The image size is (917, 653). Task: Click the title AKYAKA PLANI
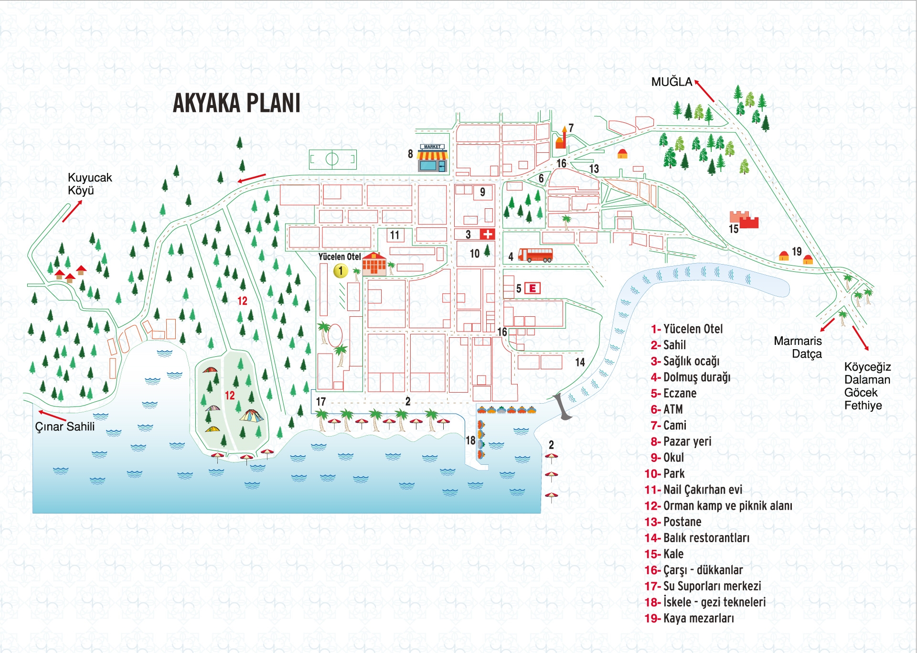click(236, 103)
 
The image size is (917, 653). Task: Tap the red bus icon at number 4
click(535, 255)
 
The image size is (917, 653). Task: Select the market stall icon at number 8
click(432, 158)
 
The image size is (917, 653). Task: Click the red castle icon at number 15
click(744, 219)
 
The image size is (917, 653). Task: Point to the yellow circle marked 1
click(341, 271)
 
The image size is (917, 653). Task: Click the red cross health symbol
click(488, 234)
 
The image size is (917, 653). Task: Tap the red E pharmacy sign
click(533, 288)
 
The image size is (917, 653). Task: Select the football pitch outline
click(332, 159)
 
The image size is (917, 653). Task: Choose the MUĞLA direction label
click(672, 82)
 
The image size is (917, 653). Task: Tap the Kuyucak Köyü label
click(90, 184)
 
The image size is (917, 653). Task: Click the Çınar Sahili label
click(65, 427)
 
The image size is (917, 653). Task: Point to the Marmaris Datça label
click(798, 347)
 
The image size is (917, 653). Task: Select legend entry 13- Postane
click(673, 522)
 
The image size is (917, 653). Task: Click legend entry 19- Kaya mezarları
click(689, 618)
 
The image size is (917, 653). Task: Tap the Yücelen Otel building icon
click(374, 264)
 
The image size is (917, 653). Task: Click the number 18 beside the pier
click(470, 440)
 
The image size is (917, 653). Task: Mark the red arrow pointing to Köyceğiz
click(860, 338)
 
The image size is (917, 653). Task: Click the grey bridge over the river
click(562, 407)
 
